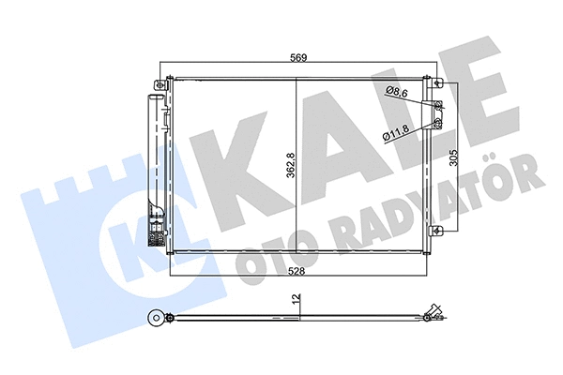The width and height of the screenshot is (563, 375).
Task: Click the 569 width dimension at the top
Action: tap(298, 58)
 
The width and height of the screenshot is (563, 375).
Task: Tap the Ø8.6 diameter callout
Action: tap(398, 91)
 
